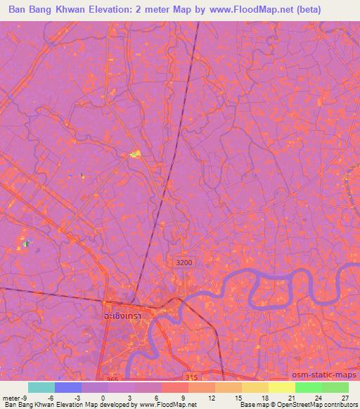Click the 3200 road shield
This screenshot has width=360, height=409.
click(184, 262)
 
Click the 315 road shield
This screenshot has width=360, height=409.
click(193, 377)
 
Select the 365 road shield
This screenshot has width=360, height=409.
click(111, 378)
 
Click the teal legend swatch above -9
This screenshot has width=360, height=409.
click(41, 387)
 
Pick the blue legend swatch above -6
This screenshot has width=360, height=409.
click(68, 387)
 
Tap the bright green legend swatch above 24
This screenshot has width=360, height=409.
click(308, 387)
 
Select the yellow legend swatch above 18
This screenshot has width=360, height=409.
click(255, 387)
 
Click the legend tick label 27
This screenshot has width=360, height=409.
click(345, 397)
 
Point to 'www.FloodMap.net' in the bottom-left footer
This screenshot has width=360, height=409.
click(167, 405)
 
